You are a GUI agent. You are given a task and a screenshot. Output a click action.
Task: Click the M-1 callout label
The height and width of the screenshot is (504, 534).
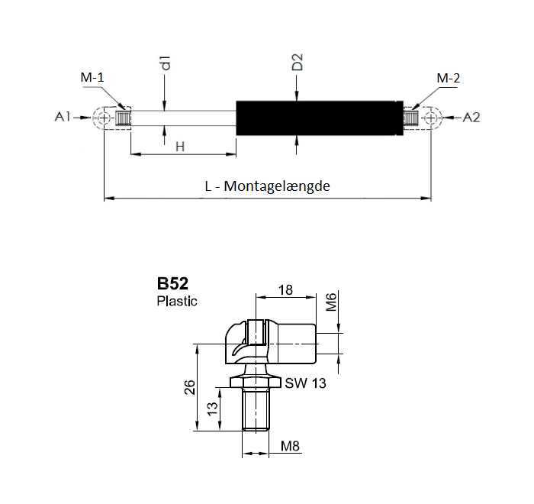click(x=92, y=77)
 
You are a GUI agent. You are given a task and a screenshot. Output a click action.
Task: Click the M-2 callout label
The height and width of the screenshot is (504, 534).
click(x=449, y=78)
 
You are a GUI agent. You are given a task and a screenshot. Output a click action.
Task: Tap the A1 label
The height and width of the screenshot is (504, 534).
click(x=63, y=117)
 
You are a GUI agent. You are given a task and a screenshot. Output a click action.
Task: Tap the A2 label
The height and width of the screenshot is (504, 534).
click(x=471, y=118)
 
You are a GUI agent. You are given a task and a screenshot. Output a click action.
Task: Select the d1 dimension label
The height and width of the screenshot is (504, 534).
click(x=166, y=63)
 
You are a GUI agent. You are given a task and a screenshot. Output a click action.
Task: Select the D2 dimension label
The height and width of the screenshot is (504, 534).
click(x=297, y=62)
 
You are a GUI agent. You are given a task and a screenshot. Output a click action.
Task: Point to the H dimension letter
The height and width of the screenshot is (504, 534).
click(x=180, y=147)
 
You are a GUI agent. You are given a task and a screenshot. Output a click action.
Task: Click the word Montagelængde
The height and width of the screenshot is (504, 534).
click(x=277, y=186)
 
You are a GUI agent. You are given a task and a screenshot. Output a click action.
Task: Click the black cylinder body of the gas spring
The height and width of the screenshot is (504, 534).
click(x=320, y=118)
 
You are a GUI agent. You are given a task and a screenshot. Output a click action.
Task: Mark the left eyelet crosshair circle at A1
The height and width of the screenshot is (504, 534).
click(x=104, y=118)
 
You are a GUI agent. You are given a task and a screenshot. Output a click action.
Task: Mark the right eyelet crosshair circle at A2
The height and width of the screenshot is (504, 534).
click(x=431, y=118)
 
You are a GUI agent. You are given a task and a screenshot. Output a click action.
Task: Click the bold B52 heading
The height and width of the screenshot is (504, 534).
click(x=172, y=283)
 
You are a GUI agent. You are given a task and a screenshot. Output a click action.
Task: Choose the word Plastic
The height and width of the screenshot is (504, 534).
click(x=177, y=301)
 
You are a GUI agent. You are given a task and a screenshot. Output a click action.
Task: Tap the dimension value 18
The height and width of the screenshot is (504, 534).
click(x=285, y=290)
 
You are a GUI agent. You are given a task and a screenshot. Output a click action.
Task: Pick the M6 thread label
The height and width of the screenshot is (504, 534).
click(x=331, y=302)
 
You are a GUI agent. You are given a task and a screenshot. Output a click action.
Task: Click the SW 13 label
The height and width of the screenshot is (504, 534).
click(x=305, y=383)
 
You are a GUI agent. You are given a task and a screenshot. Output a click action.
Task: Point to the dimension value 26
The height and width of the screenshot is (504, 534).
click(x=190, y=387)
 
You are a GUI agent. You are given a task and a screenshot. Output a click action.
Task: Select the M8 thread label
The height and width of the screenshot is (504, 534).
click(x=290, y=446)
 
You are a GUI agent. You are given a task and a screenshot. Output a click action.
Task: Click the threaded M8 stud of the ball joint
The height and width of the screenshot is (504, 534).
click(x=256, y=410)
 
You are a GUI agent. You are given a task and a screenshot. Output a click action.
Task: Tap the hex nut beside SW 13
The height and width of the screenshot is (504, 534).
click(x=256, y=382)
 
